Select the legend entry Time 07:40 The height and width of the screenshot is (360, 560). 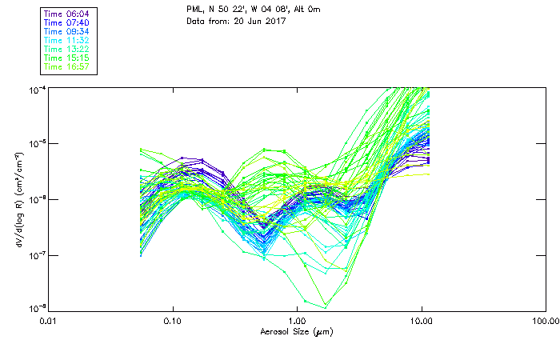click(x=67, y=23)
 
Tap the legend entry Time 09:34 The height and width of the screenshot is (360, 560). click(x=67, y=32)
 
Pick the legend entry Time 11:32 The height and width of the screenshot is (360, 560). click(x=67, y=41)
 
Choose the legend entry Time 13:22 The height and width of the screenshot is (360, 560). click(x=67, y=50)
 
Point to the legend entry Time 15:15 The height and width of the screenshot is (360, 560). click(x=67, y=58)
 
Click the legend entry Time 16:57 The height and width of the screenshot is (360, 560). click(x=67, y=67)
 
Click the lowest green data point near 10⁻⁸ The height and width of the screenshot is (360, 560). click(x=325, y=307)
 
